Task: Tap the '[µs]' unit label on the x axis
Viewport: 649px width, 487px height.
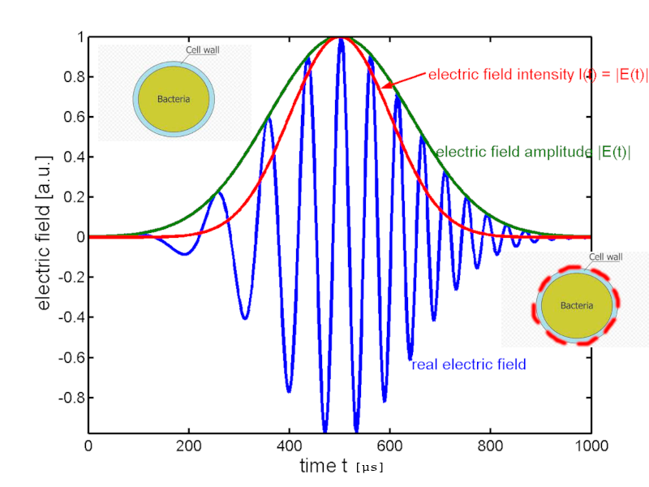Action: (x=369, y=468)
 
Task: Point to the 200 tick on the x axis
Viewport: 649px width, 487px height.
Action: (x=188, y=445)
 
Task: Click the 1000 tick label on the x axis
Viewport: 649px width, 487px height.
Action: (x=591, y=445)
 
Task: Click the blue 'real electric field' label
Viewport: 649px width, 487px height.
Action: (x=469, y=364)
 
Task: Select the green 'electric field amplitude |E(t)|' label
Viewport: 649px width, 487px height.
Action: (x=533, y=152)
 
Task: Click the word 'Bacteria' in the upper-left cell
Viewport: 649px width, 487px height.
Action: (x=174, y=99)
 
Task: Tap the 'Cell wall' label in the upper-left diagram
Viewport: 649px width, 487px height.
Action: (x=203, y=50)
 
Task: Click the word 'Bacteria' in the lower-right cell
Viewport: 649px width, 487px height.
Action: (x=576, y=305)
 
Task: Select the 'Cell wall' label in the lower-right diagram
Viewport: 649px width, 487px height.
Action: (x=605, y=256)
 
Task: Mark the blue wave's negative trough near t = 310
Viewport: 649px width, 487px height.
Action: (x=245, y=317)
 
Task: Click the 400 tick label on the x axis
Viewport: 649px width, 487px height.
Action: (x=289, y=445)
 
